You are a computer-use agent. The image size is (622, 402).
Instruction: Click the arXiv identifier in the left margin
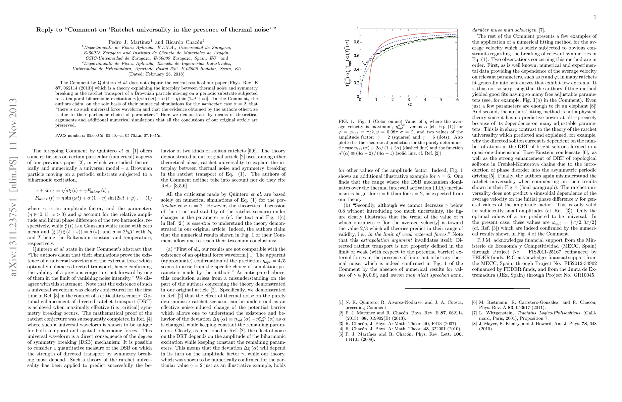click(13, 188)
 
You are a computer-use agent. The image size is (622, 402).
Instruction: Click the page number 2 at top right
click(595, 17)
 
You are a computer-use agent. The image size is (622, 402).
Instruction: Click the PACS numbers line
click(108, 136)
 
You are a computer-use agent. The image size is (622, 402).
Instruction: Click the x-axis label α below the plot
click(410, 104)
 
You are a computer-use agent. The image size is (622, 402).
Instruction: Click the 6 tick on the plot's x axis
click(457, 100)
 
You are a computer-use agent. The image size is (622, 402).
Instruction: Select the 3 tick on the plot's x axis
click(409, 100)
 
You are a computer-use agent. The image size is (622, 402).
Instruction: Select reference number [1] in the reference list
click(341, 303)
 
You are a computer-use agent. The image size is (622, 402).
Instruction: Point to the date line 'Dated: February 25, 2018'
click(157, 74)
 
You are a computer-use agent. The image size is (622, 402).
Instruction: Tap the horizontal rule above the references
click(467, 288)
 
